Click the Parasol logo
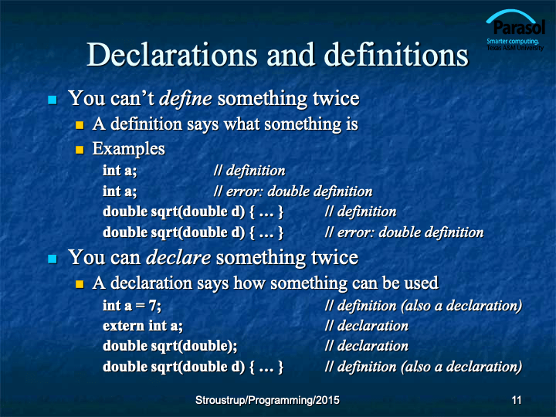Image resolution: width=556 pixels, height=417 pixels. [x=515, y=30]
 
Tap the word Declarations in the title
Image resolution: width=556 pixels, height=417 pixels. [x=171, y=55]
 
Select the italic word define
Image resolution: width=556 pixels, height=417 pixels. [x=185, y=98]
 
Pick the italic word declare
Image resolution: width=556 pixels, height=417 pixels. [x=178, y=257]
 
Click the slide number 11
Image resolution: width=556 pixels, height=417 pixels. [x=517, y=400]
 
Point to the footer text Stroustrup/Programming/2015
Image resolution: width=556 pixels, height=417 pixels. [x=267, y=400]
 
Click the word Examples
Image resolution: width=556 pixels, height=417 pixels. [x=129, y=149]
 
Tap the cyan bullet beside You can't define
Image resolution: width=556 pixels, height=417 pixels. [x=53, y=100]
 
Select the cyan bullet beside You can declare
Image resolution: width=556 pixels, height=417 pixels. [x=53, y=259]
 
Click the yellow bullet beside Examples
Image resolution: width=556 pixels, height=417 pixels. [x=80, y=150]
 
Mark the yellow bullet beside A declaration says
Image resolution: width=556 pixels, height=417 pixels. [x=80, y=284]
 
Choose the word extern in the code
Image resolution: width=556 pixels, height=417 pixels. [x=124, y=326]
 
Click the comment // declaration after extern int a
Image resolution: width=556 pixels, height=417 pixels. [x=366, y=326]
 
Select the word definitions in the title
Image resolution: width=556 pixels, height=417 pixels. [x=396, y=55]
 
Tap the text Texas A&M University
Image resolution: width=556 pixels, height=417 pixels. [x=515, y=48]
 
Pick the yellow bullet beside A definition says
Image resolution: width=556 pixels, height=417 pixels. [x=80, y=125]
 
